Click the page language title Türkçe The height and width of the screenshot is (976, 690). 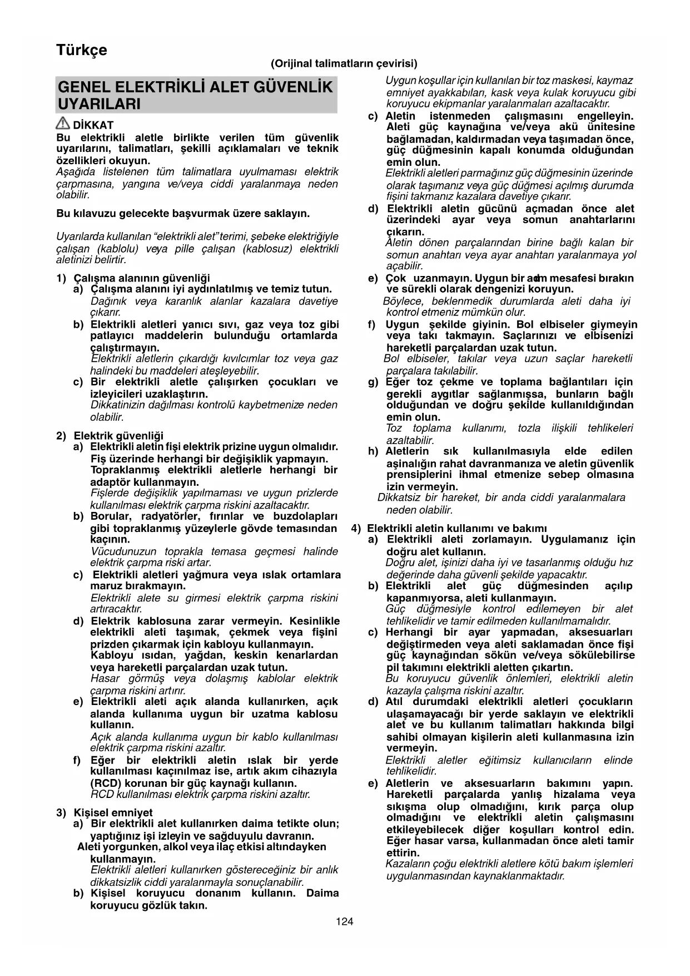(x=81, y=50)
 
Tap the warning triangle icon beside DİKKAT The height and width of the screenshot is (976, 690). (x=63, y=125)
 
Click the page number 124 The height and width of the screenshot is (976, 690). (x=344, y=921)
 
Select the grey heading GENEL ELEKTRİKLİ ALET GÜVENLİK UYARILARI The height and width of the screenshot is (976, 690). (x=196, y=95)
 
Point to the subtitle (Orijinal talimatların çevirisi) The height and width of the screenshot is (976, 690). (x=344, y=63)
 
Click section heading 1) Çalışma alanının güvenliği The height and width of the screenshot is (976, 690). (x=133, y=278)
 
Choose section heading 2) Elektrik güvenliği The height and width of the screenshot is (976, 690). (x=110, y=436)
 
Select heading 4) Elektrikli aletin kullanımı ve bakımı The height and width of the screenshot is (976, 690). (x=449, y=528)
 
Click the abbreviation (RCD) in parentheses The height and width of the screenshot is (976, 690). (x=103, y=783)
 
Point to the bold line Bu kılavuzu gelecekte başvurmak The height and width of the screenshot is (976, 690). (x=183, y=213)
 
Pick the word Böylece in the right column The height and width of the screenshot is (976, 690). (x=403, y=301)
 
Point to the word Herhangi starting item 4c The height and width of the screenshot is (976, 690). (x=410, y=632)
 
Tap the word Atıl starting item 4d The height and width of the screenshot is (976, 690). (x=395, y=702)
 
